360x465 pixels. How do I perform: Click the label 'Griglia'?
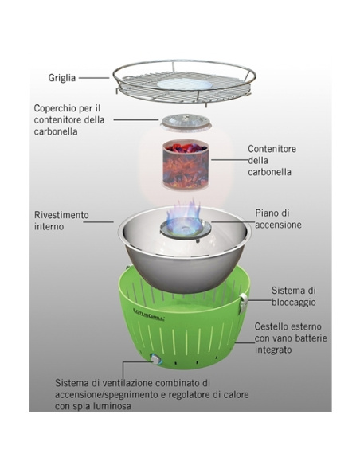(62, 78)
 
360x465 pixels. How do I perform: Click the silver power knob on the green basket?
(155, 359)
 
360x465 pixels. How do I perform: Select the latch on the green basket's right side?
(244, 303)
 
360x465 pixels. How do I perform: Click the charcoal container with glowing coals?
(186, 164)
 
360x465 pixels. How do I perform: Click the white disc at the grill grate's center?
(185, 84)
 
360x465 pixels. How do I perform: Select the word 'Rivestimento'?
(61, 215)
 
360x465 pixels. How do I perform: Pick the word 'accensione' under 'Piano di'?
(278, 225)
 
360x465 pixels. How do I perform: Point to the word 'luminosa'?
(112, 406)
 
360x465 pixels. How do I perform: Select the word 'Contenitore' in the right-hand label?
(272, 149)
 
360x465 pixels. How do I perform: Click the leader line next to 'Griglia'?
(94, 78)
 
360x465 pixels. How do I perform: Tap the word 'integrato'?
(273, 350)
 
